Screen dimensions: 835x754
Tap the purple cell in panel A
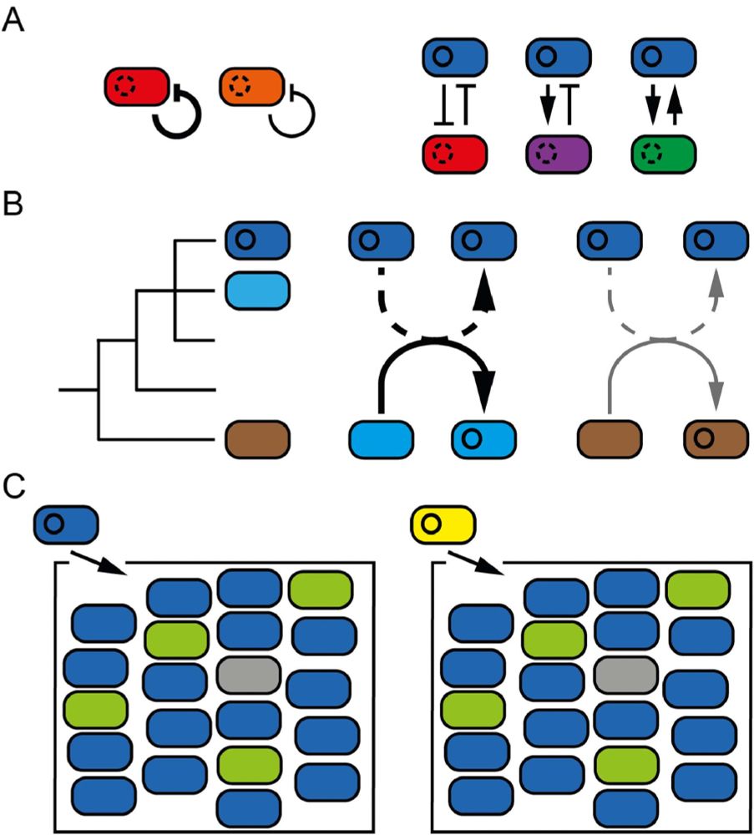click(x=559, y=155)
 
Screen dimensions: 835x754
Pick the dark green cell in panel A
click(x=663, y=155)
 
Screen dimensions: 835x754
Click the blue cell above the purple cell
click(x=559, y=59)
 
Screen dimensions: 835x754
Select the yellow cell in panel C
click(x=443, y=524)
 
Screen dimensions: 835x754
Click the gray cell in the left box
click(x=247, y=674)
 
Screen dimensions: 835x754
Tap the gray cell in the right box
click(x=626, y=674)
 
